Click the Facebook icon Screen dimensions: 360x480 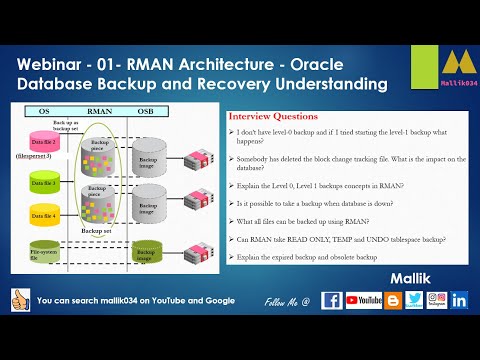coord(332,300)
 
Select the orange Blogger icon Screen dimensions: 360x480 coord(391,300)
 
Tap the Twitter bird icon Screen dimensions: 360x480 coord(414,300)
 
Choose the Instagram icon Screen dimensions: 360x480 coord(437,300)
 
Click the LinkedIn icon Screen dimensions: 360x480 coord(460,300)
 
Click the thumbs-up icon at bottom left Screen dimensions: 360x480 coord(19,300)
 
